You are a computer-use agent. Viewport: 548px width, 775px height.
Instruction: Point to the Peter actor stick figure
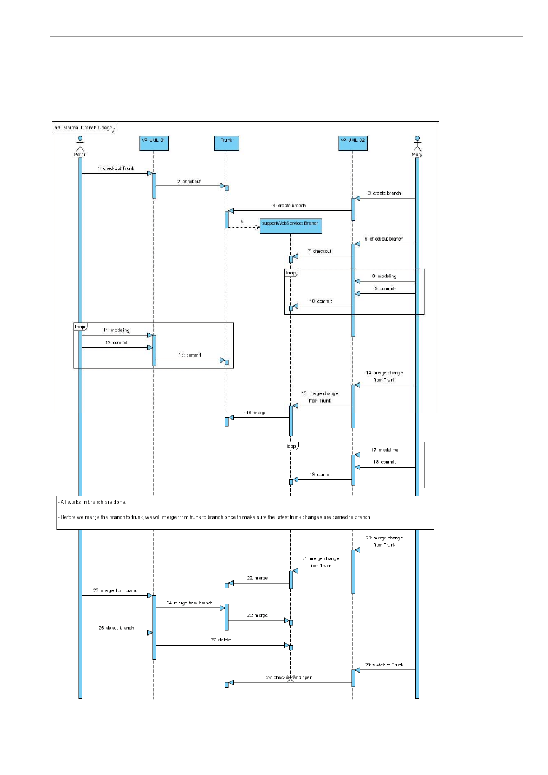pos(79,145)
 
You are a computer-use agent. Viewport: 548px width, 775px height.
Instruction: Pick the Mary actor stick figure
pos(417,145)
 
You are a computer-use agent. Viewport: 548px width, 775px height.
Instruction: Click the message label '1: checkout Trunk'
pos(115,168)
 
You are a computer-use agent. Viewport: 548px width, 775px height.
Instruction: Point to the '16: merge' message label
pos(257,413)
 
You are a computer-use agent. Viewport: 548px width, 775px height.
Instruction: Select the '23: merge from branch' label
pos(117,590)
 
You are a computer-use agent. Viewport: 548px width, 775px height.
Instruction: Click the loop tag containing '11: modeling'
pos(80,327)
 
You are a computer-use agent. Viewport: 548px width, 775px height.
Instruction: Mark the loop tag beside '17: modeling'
pos(291,446)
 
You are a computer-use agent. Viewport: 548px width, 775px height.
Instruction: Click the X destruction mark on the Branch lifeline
pos(290,679)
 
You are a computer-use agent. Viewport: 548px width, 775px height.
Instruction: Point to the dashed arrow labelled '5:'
pos(243,226)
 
